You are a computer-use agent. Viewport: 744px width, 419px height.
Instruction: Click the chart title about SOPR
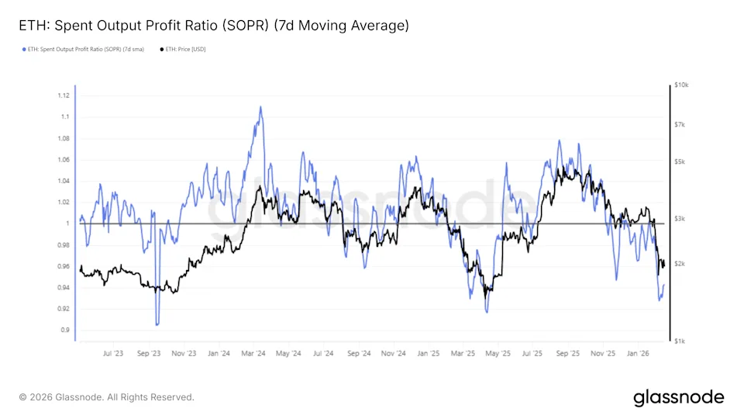(213, 26)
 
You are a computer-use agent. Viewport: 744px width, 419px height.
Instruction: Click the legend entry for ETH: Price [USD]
(183, 49)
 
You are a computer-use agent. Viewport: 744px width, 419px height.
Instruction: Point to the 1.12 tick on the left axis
(64, 95)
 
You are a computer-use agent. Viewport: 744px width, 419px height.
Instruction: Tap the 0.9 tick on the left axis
(65, 330)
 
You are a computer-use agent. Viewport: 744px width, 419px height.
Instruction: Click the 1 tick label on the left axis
(67, 223)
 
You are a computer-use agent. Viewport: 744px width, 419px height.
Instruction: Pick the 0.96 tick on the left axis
(64, 266)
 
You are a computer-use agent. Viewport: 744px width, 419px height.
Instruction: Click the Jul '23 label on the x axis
(113, 353)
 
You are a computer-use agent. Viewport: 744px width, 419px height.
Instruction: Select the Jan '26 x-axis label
(638, 353)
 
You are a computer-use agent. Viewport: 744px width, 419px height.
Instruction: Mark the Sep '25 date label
(568, 353)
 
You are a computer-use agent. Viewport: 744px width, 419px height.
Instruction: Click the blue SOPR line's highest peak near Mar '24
(260, 107)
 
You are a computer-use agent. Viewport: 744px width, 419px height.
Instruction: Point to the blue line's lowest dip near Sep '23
(157, 324)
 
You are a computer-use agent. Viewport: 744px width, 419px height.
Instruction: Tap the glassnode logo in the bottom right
(678, 397)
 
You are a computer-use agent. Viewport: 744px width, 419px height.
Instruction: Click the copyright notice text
(107, 397)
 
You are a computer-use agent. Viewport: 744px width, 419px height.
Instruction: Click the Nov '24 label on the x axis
(394, 353)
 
